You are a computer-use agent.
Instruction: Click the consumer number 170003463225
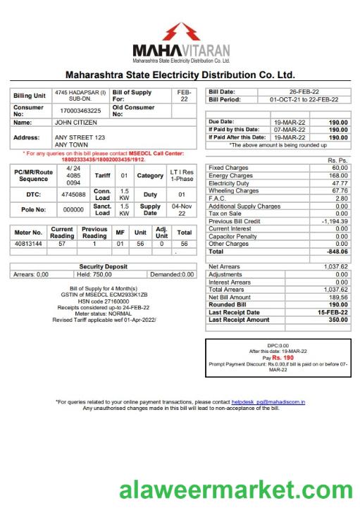click(x=80, y=111)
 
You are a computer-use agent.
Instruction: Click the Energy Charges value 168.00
click(x=338, y=175)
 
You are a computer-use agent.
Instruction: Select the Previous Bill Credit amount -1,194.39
click(x=332, y=221)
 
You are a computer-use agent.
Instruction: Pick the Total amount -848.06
click(x=336, y=251)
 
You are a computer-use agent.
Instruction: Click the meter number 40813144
click(x=29, y=243)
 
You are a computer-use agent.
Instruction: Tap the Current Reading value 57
click(x=62, y=243)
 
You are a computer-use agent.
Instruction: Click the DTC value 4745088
click(x=73, y=194)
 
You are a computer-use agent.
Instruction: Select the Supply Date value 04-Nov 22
click(x=181, y=209)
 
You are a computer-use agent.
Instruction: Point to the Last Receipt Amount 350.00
click(x=337, y=320)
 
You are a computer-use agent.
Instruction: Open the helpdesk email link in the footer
click(x=268, y=402)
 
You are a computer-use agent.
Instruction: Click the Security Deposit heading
click(x=103, y=267)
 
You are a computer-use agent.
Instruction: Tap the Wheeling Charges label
click(x=234, y=190)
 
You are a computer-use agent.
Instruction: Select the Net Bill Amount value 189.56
click(x=337, y=297)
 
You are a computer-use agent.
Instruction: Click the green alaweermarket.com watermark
click(x=234, y=490)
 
